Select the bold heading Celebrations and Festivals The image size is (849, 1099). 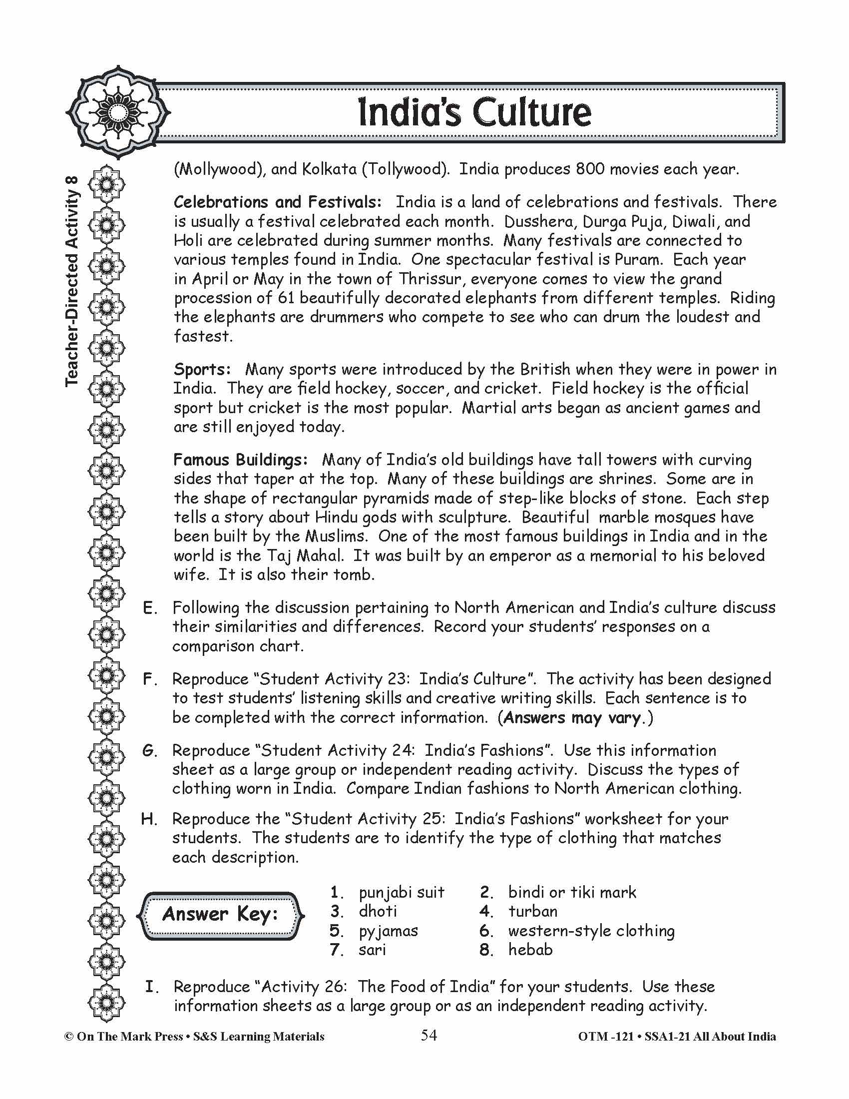coord(277,202)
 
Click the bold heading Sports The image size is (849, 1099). coord(202,369)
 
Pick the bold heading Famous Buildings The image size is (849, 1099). coord(240,460)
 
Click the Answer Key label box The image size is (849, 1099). coord(220,914)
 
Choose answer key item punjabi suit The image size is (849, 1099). coord(402,892)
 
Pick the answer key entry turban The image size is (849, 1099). coord(533,911)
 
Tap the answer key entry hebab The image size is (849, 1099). coord(530,950)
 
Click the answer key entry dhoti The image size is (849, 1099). coord(378,911)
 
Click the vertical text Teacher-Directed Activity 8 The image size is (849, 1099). coord(72,282)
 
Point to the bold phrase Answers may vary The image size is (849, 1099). coord(572,717)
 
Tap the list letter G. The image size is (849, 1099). coord(149,751)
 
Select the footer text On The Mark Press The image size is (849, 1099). coord(130,1037)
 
